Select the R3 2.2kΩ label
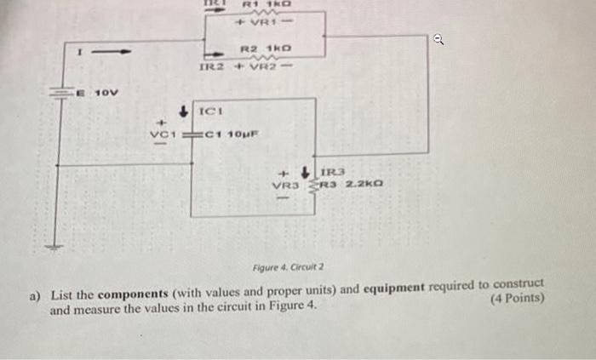(351, 183)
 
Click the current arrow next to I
(112, 52)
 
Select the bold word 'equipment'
(393, 287)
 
